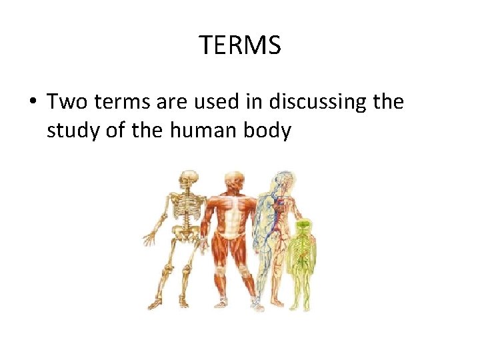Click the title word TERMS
(x=240, y=46)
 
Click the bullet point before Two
(x=32, y=103)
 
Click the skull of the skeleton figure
(x=189, y=180)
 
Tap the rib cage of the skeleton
(x=187, y=208)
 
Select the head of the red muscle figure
(x=233, y=181)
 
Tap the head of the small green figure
(x=303, y=226)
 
